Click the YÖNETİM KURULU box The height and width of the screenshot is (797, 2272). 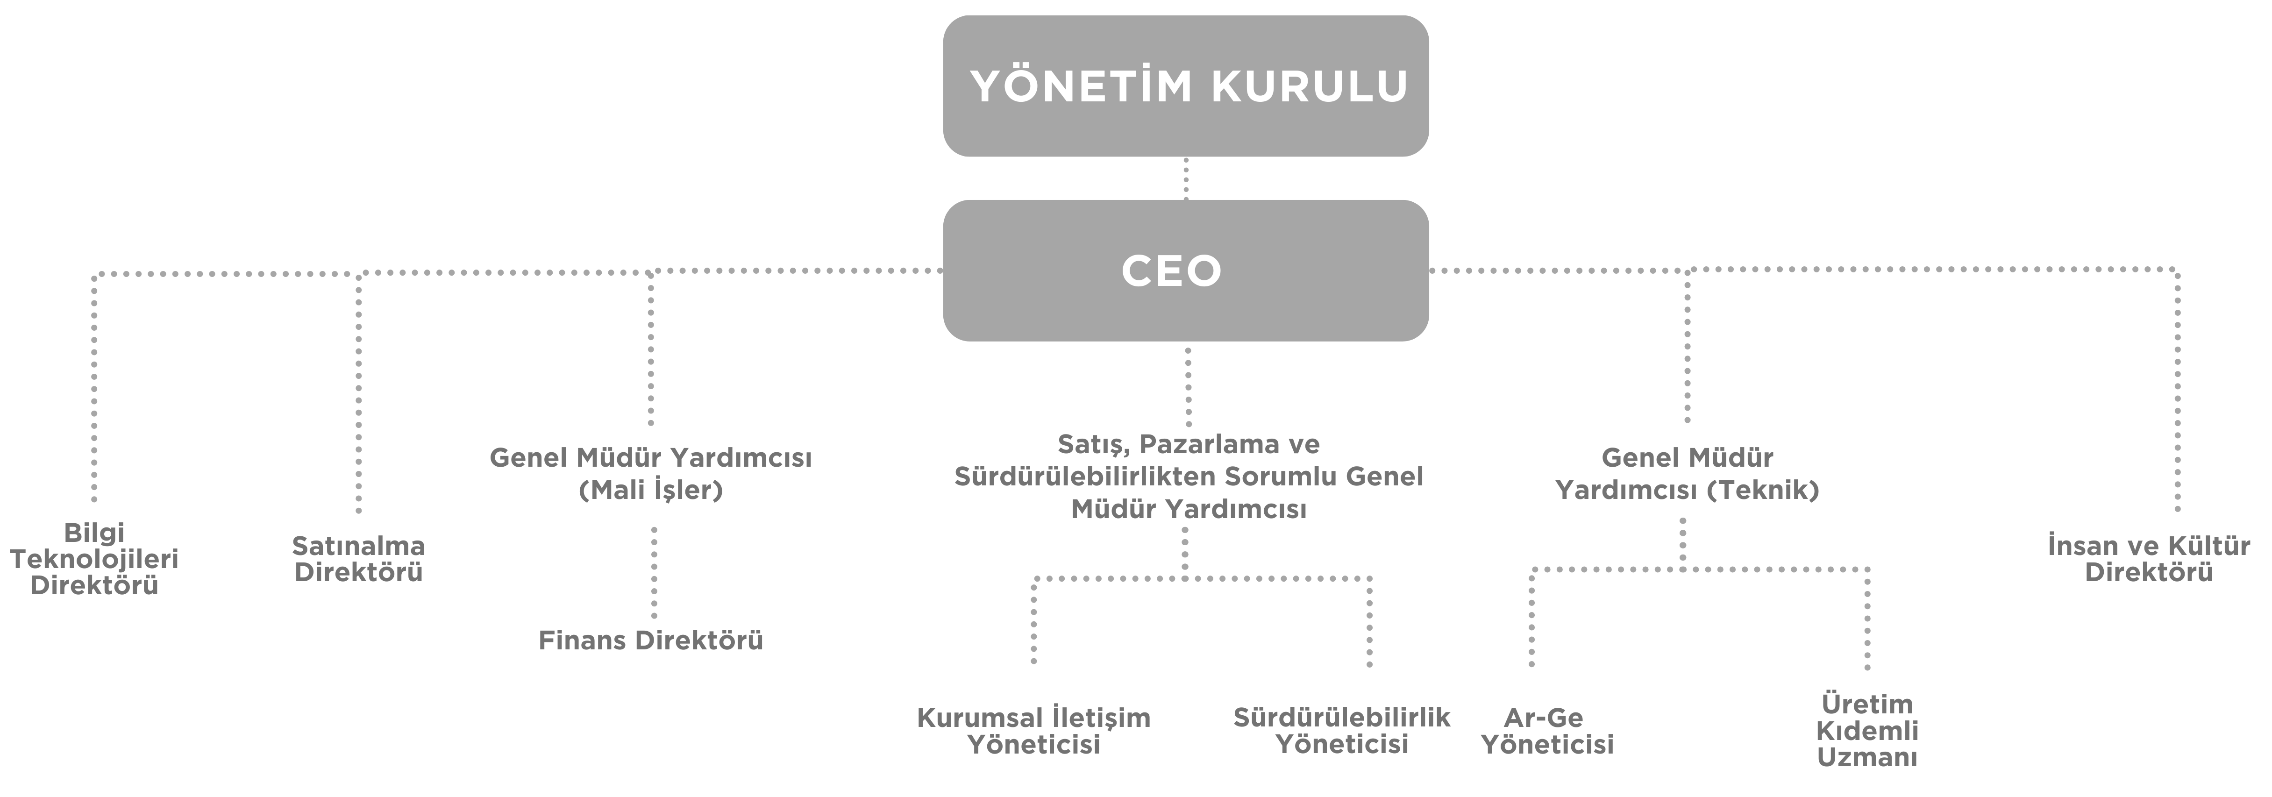(x=1185, y=85)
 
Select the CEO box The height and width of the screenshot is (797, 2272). (x=1185, y=270)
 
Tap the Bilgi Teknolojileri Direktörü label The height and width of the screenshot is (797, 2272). (x=94, y=559)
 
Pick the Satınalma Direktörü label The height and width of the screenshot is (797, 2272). (x=358, y=559)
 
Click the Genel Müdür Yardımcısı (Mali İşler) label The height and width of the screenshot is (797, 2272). (x=651, y=473)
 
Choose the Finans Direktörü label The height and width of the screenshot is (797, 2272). (x=651, y=640)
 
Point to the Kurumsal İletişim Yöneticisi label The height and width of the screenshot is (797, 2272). (x=1034, y=731)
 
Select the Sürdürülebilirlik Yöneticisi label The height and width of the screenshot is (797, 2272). (x=1341, y=731)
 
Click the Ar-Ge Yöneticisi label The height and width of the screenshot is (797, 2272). (x=1547, y=731)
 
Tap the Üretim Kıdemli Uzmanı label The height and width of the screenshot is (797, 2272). (x=1867, y=731)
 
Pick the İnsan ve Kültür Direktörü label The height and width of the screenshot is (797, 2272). (x=2149, y=559)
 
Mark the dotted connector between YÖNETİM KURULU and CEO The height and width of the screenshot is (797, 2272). (x=1185, y=179)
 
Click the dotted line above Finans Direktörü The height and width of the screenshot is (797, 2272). (x=654, y=573)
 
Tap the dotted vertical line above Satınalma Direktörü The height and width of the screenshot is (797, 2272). (x=358, y=397)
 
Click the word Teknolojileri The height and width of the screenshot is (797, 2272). (x=94, y=559)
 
